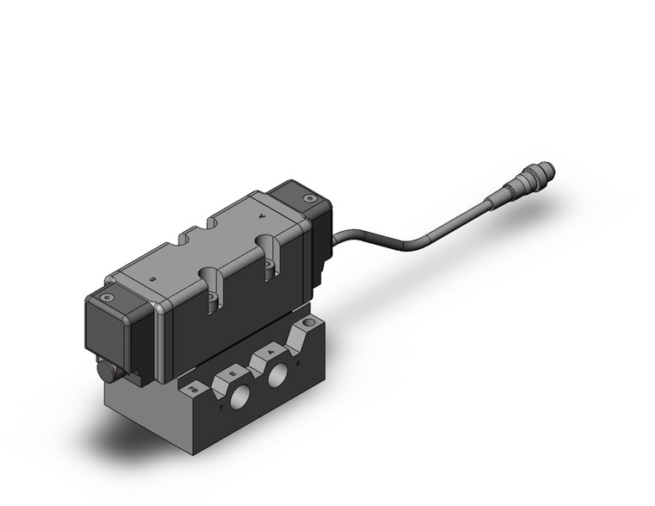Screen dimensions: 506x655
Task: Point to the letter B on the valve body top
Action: click(153, 281)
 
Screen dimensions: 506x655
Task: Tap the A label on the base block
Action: click(271, 351)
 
